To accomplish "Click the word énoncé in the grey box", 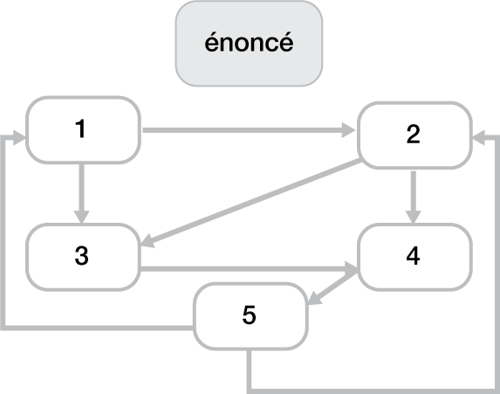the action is (249, 42).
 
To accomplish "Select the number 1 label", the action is (80, 128).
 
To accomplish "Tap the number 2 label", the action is (413, 134).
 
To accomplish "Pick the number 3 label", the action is (82, 256).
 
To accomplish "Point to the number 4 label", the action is (413, 255).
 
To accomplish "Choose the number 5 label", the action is (249, 315).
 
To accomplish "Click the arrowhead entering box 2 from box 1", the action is (348, 130).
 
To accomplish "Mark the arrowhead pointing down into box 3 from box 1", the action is (82, 217).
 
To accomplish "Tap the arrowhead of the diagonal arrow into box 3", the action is (147, 240).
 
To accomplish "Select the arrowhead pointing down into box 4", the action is (414, 217).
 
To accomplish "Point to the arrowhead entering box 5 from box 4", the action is (314, 298).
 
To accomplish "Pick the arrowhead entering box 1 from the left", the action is (19, 138).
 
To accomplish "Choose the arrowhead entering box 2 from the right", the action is (479, 138).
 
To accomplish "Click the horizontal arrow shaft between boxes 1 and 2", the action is (242, 130).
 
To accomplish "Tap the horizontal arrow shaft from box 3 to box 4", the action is (243, 269).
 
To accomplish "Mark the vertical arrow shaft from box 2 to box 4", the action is (414, 191).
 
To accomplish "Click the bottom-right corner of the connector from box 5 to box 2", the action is (497, 391).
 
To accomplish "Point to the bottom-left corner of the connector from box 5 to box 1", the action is (3, 328).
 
